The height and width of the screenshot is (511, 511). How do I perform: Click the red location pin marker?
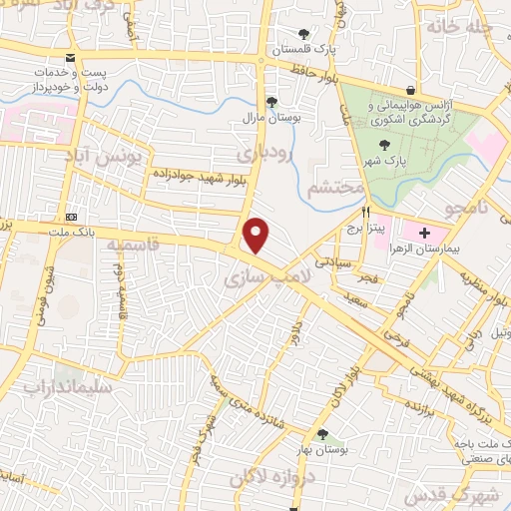pyautogui.click(x=257, y=236)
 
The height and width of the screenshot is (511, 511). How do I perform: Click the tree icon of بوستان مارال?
pyautogui.click(x=270, y=101)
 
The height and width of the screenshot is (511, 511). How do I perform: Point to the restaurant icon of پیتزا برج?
pyautogui.click(x=366, y=212)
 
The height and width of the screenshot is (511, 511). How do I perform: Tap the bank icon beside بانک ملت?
pyautogui.click(x=71, y=216)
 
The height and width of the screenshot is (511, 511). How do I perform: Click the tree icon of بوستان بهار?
pyautogui.click(x=322, y=433)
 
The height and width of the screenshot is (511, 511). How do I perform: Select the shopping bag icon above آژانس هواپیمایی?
pyautogui.click(x=410, y=90)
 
